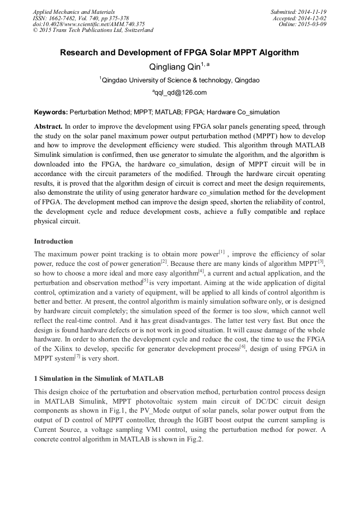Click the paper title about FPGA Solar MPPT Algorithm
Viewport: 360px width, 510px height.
(179, 53)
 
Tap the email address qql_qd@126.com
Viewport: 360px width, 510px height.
(179, 93)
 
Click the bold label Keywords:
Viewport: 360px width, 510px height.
(51, 113)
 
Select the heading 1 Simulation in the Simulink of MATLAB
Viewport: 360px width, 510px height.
(99, 378)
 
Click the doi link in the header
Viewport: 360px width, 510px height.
(89, 24)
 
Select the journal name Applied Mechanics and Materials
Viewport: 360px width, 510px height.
(74, 12)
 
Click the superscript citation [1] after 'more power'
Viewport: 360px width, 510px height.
(221, 252)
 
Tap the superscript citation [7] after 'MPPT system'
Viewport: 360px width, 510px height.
(77, 357)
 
